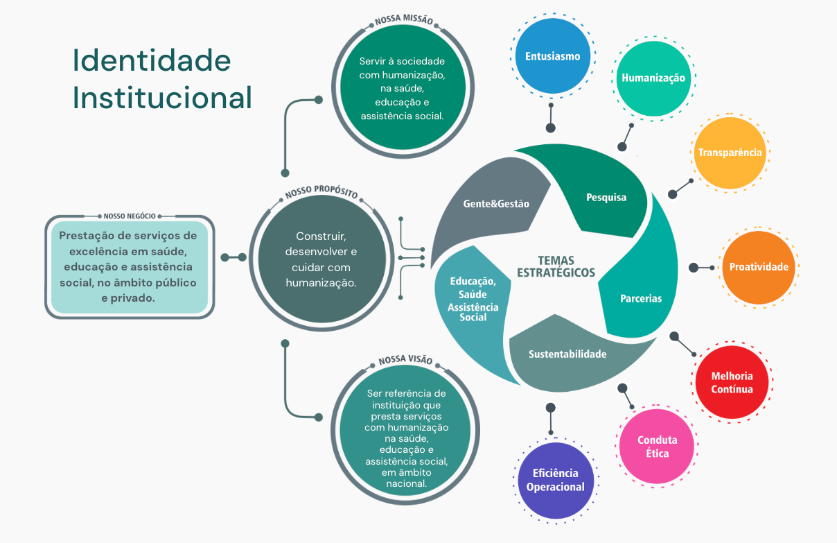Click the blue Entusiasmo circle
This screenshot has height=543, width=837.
552,56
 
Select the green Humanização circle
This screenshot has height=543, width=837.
653,78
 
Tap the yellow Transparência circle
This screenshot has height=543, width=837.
730,153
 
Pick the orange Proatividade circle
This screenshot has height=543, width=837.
759,267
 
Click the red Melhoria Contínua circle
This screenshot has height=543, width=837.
732,382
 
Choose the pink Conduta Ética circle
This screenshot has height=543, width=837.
657,446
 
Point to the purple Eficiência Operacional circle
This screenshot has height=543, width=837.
555,480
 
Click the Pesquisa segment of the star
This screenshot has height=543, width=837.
606,198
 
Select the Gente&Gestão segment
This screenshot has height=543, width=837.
495,204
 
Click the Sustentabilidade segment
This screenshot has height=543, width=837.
567,354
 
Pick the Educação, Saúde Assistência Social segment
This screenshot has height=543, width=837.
473,299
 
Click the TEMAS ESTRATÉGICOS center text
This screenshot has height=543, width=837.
556,266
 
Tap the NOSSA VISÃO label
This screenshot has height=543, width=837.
405,361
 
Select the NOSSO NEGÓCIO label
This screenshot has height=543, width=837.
130,216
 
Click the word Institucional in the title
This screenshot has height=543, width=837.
162,98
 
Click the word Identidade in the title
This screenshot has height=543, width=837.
152,61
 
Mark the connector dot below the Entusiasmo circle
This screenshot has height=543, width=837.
551,128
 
